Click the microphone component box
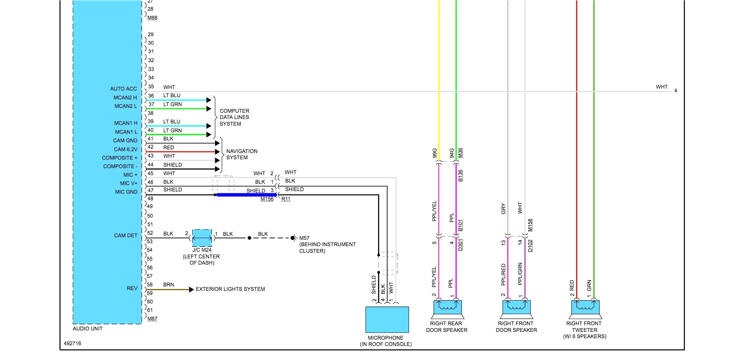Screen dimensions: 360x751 coord(387,319)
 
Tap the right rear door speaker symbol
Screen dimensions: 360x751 coord(447,308)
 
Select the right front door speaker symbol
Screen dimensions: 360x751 coord(516,308)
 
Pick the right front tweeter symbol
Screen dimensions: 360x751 coord(585,308)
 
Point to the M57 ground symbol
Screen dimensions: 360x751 coord(293,238)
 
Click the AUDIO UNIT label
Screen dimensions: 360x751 coord(88,329)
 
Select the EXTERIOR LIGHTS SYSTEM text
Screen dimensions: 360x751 coord(230,289)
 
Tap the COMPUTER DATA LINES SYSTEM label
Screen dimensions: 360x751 coord(234,117)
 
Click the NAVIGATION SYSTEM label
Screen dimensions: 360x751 coord(242,154)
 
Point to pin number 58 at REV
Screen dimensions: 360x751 coord(150,285)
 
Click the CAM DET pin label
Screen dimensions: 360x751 coord(126,235)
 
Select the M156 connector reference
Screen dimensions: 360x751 coord(267,199)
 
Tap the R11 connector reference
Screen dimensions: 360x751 coord(286,199)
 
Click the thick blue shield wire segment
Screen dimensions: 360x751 coord(246,195)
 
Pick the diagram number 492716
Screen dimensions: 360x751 coord(72,343)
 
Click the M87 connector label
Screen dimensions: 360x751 coord(152,319)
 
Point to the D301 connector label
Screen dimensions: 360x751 coord(460,245)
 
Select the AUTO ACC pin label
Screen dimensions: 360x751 coord(123,89)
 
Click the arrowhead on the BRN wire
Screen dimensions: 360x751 coord(191,289)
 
